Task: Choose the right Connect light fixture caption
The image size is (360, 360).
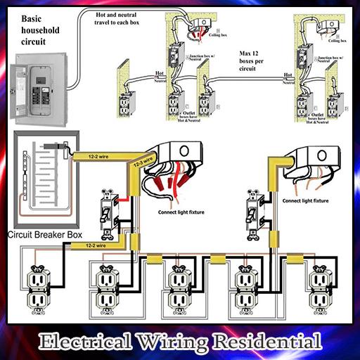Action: (305, 201)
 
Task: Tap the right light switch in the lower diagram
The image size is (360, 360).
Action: (251, 210)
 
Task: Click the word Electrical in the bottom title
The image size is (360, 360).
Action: (81, 342)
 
